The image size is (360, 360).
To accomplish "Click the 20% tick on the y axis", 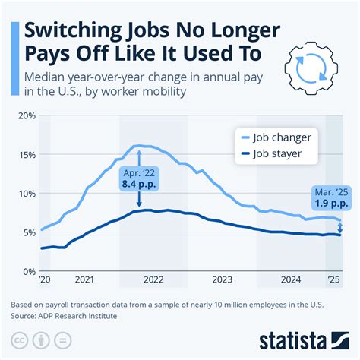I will point(25,115).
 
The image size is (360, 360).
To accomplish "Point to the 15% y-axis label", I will point(25,154).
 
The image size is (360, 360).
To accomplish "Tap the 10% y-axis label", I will point(25,193).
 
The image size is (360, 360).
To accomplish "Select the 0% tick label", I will point(27,271).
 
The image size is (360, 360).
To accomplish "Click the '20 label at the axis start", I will point(43,279).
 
